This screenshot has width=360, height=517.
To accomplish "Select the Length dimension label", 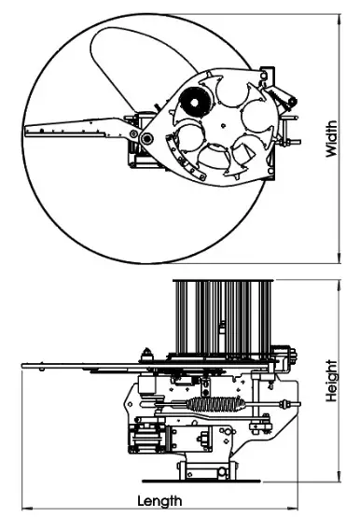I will (x=159, y=501).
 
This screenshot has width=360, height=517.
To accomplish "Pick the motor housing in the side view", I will (x=149, y=438).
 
